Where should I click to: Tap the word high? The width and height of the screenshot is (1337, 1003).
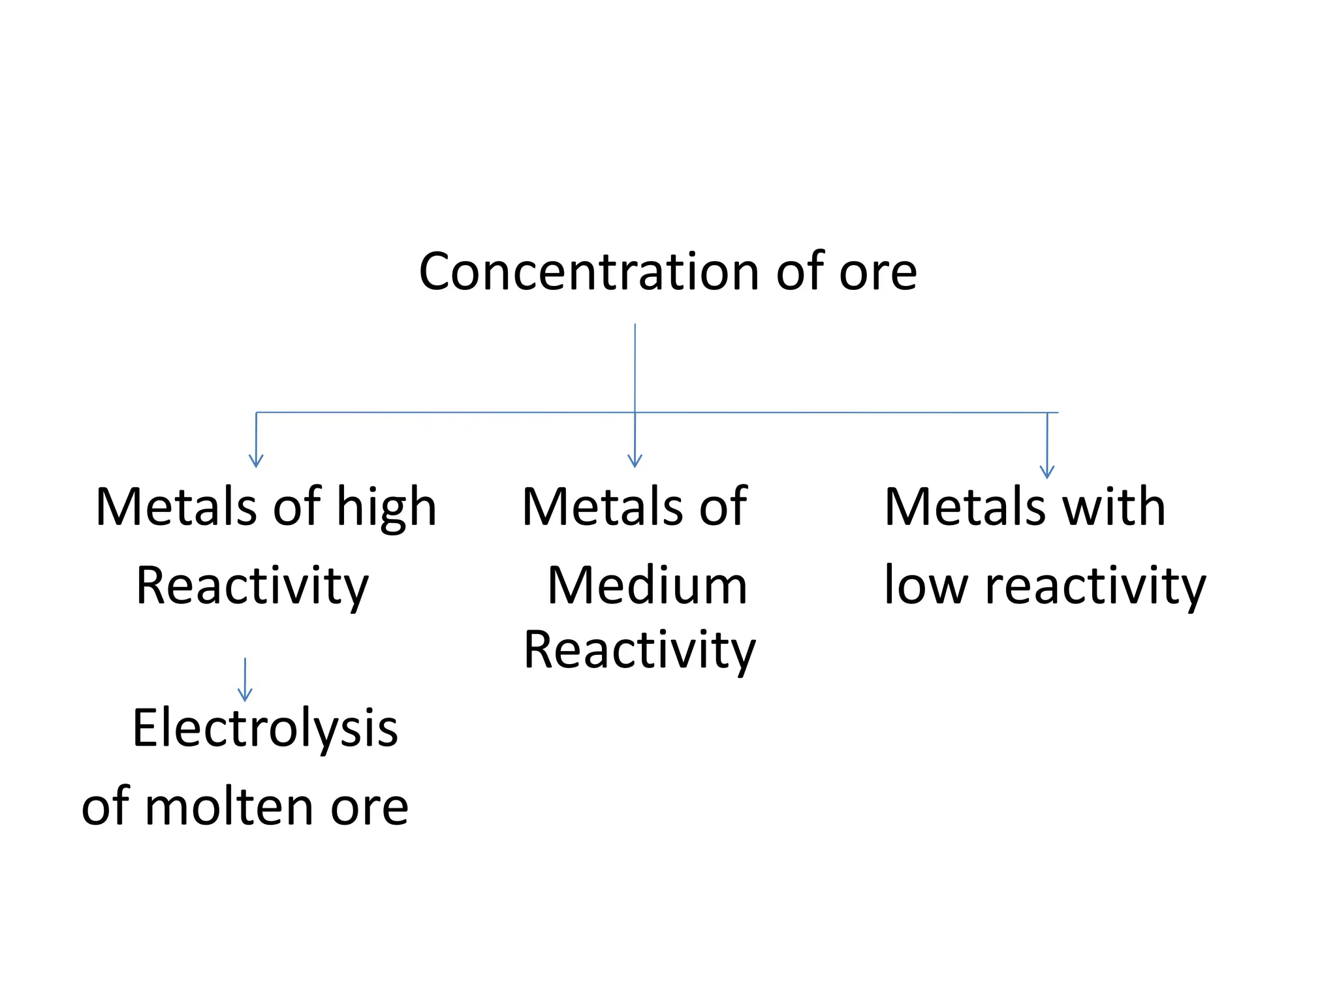(386, 508)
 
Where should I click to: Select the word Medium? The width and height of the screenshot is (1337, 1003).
(647, 586)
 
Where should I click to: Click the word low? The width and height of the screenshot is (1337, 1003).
(925, 586)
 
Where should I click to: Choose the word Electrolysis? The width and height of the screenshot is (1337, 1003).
(265, 729)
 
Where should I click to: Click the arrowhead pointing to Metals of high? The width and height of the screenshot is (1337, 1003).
(256, 461)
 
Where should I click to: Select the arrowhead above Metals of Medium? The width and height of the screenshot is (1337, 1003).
(635, 461)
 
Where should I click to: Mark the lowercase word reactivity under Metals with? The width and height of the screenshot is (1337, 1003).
(1095, 586)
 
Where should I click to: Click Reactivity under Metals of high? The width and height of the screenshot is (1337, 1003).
(253, 586)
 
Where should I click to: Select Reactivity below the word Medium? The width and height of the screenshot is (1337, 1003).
(639, 650)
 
